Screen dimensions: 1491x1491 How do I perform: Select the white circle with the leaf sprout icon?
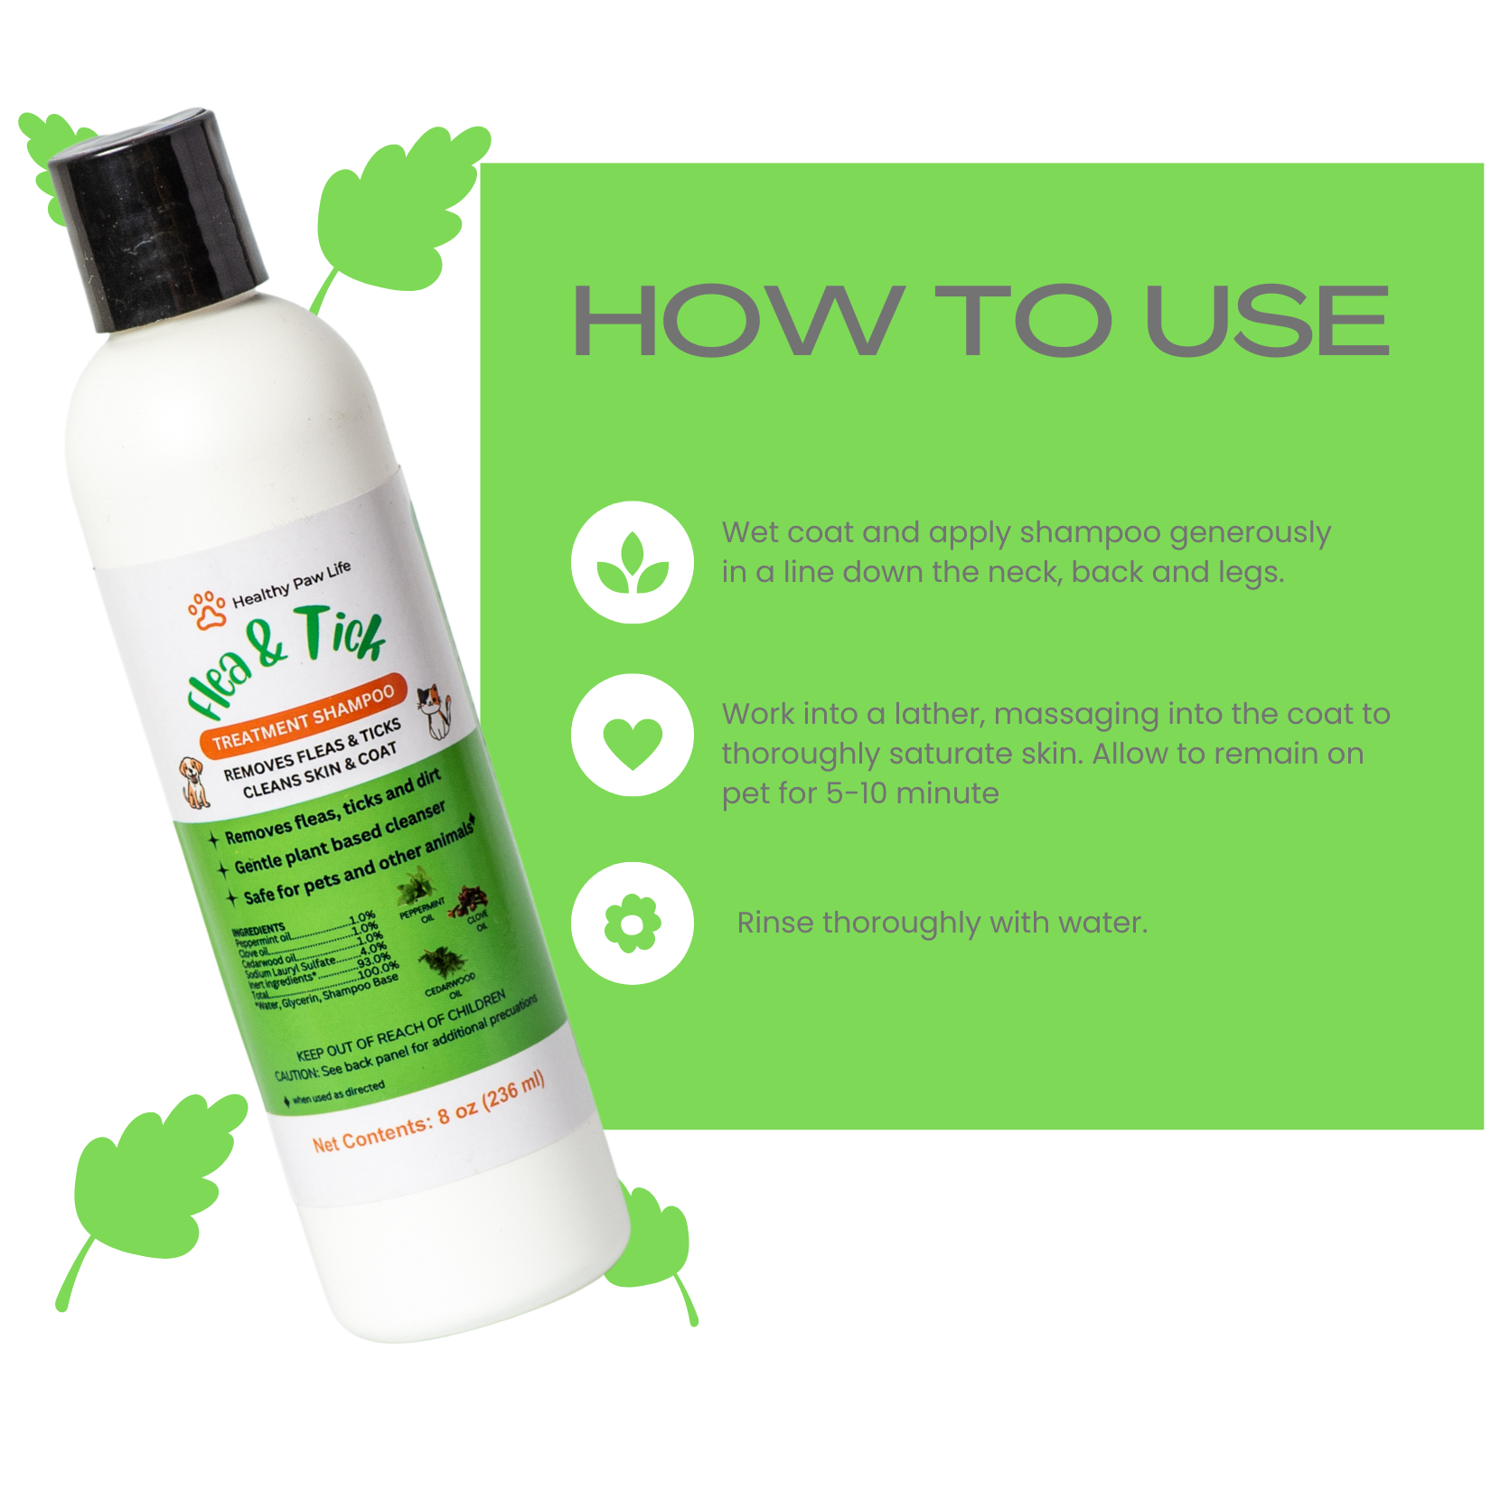633,562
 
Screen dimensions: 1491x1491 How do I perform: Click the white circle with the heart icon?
633,735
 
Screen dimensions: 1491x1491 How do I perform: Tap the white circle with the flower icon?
633,923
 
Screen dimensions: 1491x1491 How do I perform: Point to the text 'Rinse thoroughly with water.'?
942,923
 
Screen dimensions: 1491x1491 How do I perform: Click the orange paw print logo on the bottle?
207,611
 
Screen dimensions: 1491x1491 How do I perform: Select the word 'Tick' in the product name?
342,633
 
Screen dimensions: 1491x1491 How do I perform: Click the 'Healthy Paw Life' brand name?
291,586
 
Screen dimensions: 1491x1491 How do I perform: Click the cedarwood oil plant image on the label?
443,963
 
